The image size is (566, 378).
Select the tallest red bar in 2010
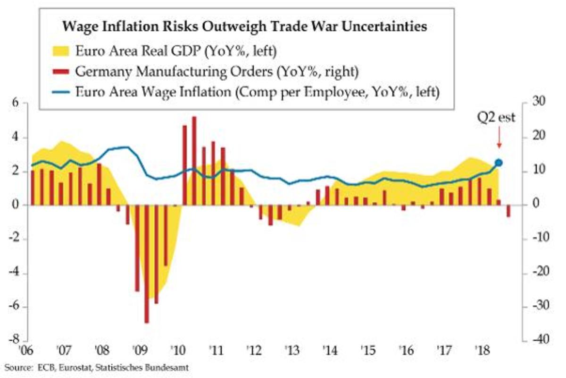click(x=194, y=161)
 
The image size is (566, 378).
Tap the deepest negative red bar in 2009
click(x=147, y=264)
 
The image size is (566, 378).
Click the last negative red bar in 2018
click(x=508, y=211)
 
